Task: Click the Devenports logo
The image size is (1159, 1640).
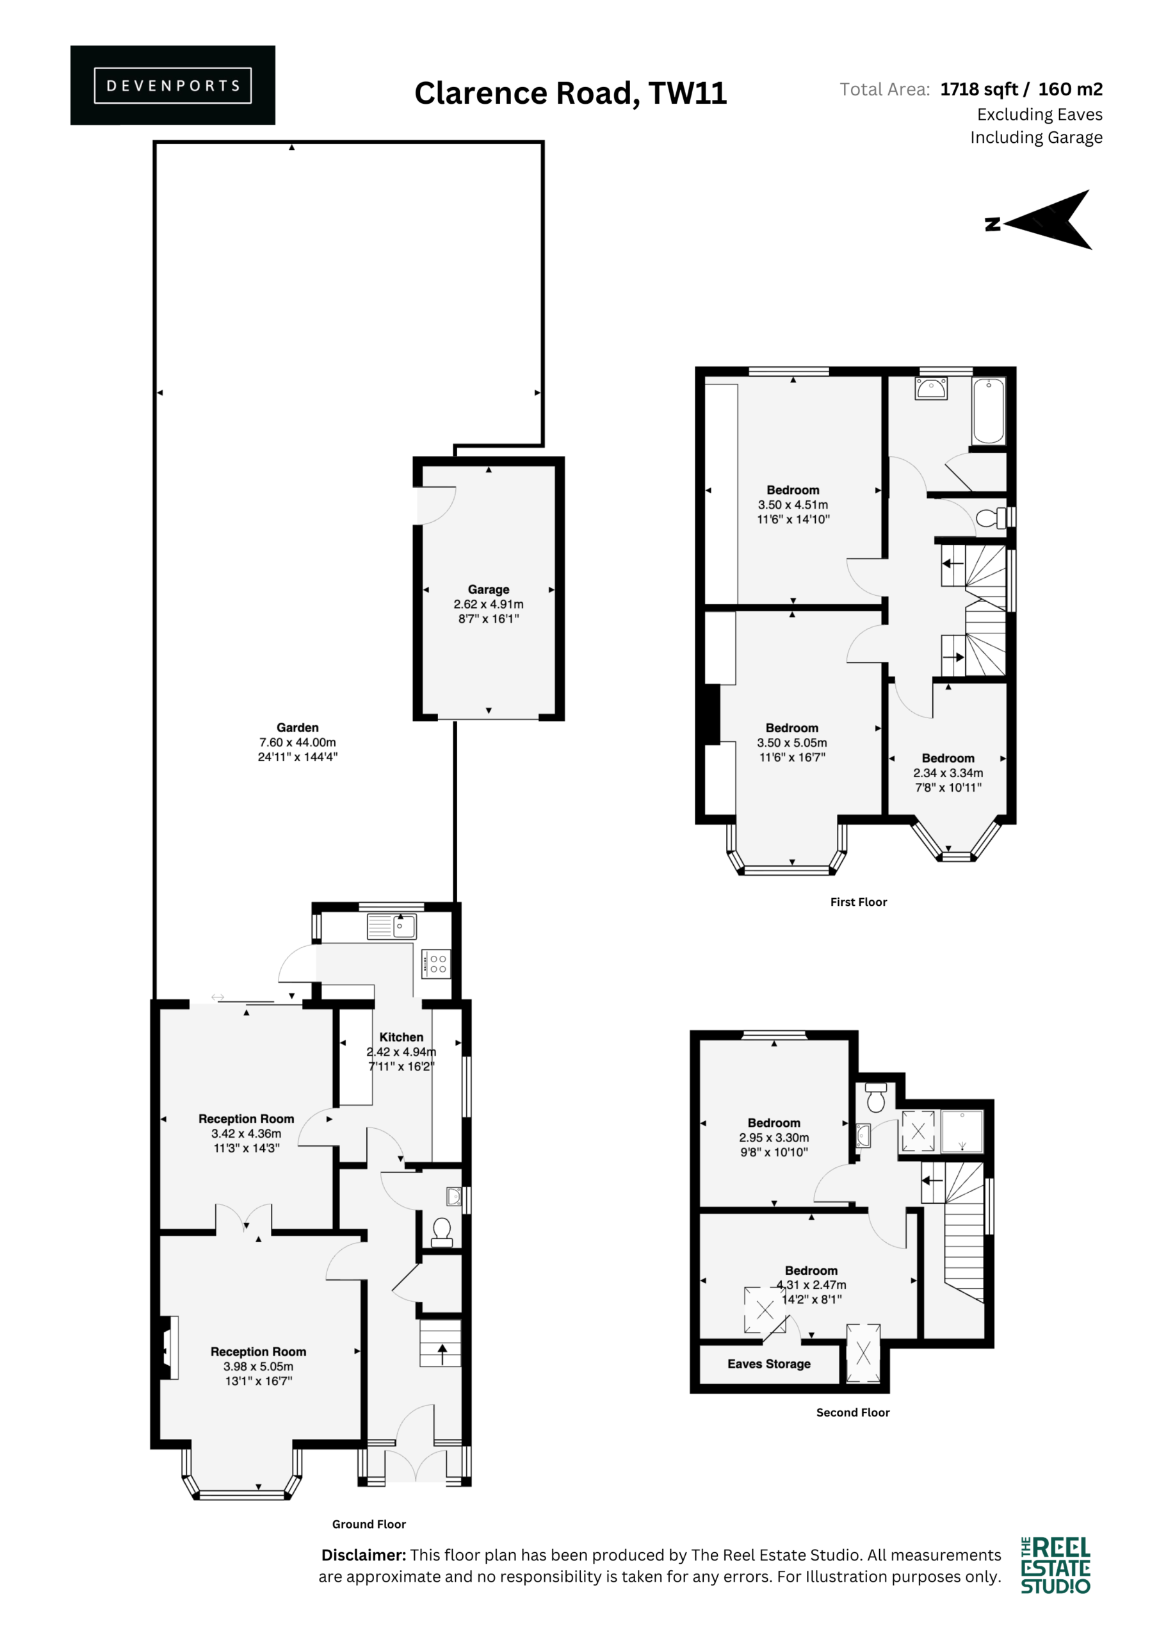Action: pyautogui.click(x=173, y=85)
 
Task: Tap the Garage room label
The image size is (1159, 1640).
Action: pyautogui.click(x=489, y=589)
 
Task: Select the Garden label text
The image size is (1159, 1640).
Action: pyautogui.click(x=298, y=727)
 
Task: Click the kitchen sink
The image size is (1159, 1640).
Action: pyautogui.click(x=391, y=926)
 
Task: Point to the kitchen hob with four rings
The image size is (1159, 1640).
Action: pyautogui.click(x=435, y=963)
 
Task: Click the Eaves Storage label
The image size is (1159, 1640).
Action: pyautogui.click(x=768, y=1364)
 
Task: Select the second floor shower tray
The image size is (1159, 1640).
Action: pyautogui.click(x=962, y=1131)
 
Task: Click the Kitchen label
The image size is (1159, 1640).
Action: pyautogui.click(x=401, y=1037)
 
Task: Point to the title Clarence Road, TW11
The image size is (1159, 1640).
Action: pyautogui.click(x=571, y=93)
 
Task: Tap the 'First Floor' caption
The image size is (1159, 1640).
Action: pyautogui.click(x=858, y=901)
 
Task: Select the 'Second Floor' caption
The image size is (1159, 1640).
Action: pyautogui.click(x=853, y=1412)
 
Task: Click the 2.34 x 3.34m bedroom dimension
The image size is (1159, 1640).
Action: pyautogui.click(x=948, y=772)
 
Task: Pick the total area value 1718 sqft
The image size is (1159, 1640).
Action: pyautogui.click(x=979, y=89)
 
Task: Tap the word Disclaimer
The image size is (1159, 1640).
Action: pyautogui.click(x=364, y=1555)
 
